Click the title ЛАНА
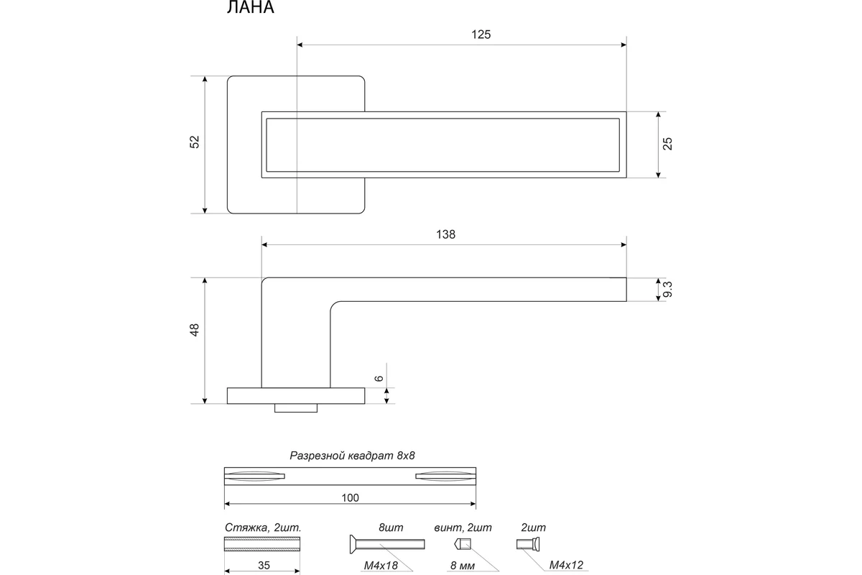click(x=250, y=7)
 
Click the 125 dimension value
click(x=481, y=34)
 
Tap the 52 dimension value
click(x=195, y=142)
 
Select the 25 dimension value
click(x=667, y=144)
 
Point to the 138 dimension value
click(x=445, y=234)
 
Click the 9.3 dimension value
click(x=667, y=289)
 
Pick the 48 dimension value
click(x=195, y=330)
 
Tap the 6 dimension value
click(x=379, y=378)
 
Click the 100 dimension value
click(x=351, y=498)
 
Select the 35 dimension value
click(x=264, y=566)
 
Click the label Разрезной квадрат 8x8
click(x=352, y=456)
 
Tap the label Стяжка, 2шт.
click(x=263, y=528)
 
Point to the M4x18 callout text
click(x=381, y=566)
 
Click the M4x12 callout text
click(x=566, y=565)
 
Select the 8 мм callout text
click(x=463, y=566)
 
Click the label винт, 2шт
click(x=463, y=528)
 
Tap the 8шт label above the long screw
click(x=391, y=528)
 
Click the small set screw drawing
click(x=463, y=544)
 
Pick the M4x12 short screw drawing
click(x=528, y=544)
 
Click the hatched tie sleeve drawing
click(x=262, y=544)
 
